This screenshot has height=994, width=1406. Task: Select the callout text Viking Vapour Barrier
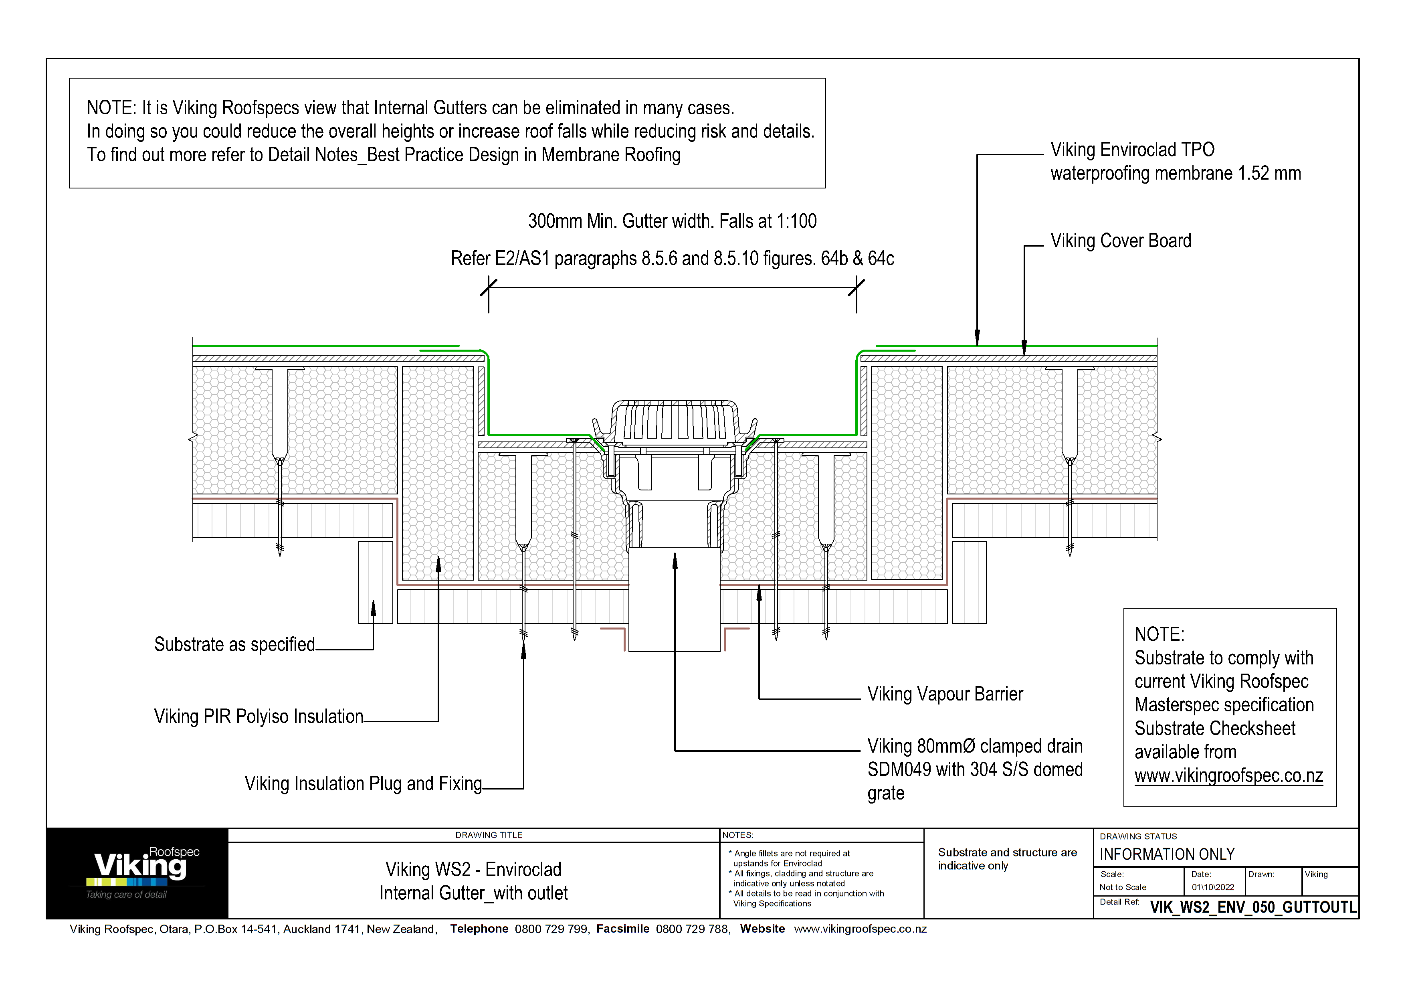coord(944,694)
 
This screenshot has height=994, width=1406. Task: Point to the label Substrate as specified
coord(234,644)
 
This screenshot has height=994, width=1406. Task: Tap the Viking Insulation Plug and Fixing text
coord(363,783)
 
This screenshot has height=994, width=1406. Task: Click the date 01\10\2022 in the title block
coord(1212,887)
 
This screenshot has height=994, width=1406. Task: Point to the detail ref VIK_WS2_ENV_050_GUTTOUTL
coord(1252,907)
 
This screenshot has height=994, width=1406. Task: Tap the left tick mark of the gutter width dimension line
coord(488,287)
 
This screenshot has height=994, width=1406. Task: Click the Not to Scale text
coord(1123,887)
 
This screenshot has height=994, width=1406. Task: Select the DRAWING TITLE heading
coord(489,835)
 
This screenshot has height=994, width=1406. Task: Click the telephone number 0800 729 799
coord(551,929)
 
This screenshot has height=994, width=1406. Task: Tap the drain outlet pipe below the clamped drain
coord(674,600)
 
